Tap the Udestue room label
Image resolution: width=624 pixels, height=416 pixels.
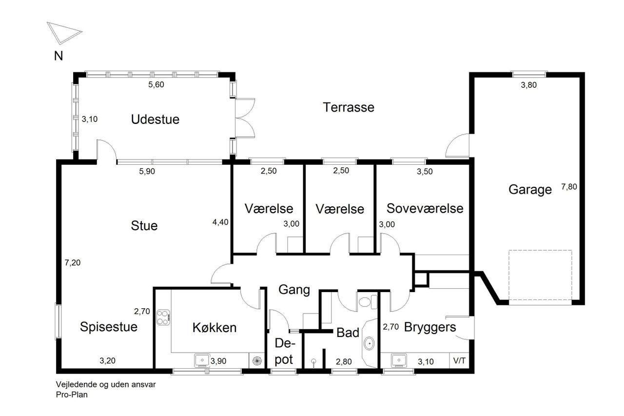[x=155, y=119]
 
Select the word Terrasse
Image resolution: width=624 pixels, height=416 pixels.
[x=349, y=107]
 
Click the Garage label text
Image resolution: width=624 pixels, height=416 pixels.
[x=530, y=190]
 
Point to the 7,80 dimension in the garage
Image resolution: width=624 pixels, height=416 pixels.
[x=569, y=187]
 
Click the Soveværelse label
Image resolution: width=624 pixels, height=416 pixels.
[x=425, y=208]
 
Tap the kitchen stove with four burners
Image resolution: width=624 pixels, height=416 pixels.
[x=163, y=317]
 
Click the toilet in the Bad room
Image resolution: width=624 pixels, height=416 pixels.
[x=368, y=302]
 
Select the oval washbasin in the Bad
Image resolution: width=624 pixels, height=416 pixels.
[x=369, y=343]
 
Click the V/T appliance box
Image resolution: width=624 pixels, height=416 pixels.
[x=459, y=361]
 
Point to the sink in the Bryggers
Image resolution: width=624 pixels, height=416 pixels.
[x=399, y=360]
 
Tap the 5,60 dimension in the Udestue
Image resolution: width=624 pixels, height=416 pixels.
[x=156, y=85]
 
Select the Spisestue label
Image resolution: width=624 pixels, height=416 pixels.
[x=109, y=327]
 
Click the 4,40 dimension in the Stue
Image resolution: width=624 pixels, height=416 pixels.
[x=220, y=222]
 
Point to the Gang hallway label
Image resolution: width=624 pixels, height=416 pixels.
[x=294, y=290]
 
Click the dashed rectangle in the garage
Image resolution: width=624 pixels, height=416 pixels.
[x=540, y=275]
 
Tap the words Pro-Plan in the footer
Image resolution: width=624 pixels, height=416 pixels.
[x=72, y=395]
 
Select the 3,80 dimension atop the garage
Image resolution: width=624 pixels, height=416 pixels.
[x=529, y=85]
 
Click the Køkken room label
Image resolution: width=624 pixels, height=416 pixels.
[x=214, y=328]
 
